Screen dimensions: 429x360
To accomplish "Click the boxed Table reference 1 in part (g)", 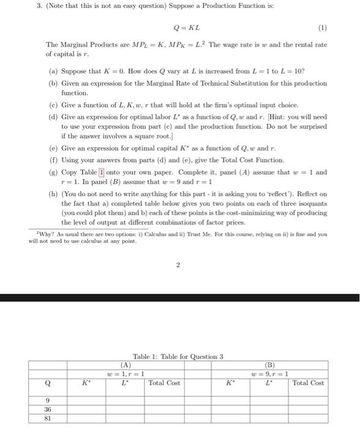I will (x=102, y=172).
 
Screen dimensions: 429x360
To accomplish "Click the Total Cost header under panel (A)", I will (x=165, y=383).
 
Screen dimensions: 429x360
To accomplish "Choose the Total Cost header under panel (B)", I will (x=308, y=383).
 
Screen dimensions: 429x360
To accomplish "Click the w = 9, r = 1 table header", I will (x=269, y=373).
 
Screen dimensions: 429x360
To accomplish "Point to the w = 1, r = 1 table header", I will (x=126, y=373).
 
